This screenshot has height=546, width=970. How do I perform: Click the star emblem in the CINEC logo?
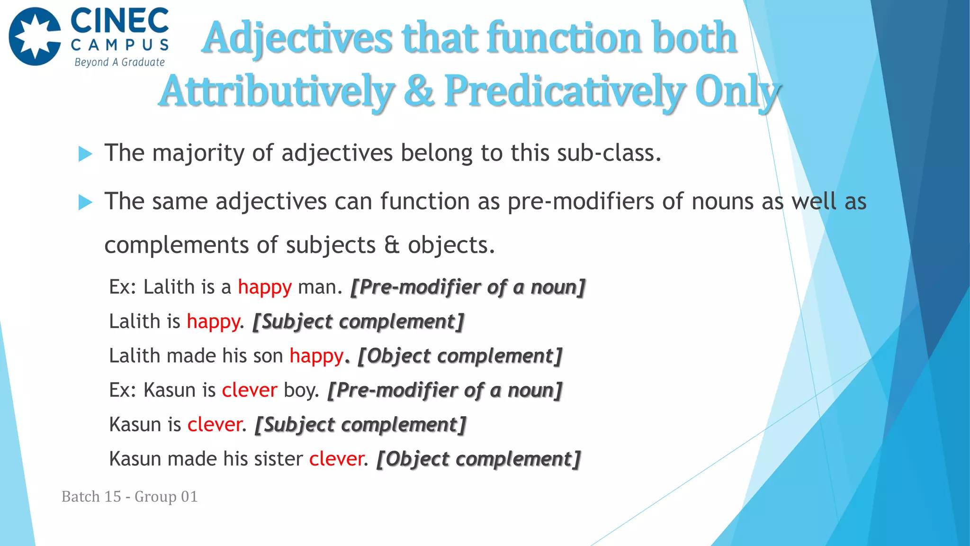pyautogui.click(x=35, y=36)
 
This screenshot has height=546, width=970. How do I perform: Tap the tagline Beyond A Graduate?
pyautogui.click(x=119, y=62)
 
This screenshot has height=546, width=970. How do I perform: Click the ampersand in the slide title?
pyautogui.click(x=419, y=91)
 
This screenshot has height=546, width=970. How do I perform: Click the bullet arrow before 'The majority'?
pyautogui.click(x=85, y=154)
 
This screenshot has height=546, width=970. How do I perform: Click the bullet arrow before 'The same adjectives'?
pyautogui.click(x=85, y=202)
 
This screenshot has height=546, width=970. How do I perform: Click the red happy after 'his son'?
pyautogui.click(x=316, y=356)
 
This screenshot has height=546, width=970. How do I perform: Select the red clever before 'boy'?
pyautogui.click(x=249, y=390)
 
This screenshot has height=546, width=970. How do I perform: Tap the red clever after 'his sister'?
pyautogui.click(x=336, y=459)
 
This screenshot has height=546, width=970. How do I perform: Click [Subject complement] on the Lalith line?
pyautogui.click(x=358, y=322)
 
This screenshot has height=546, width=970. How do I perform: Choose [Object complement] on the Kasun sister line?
pyautogui.click(x=478, y=459)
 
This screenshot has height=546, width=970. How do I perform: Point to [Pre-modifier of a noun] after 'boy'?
pyautogui.click(x=445, y=390)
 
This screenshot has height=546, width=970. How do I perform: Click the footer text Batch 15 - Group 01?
pyautogui.click(x=129, y=496)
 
